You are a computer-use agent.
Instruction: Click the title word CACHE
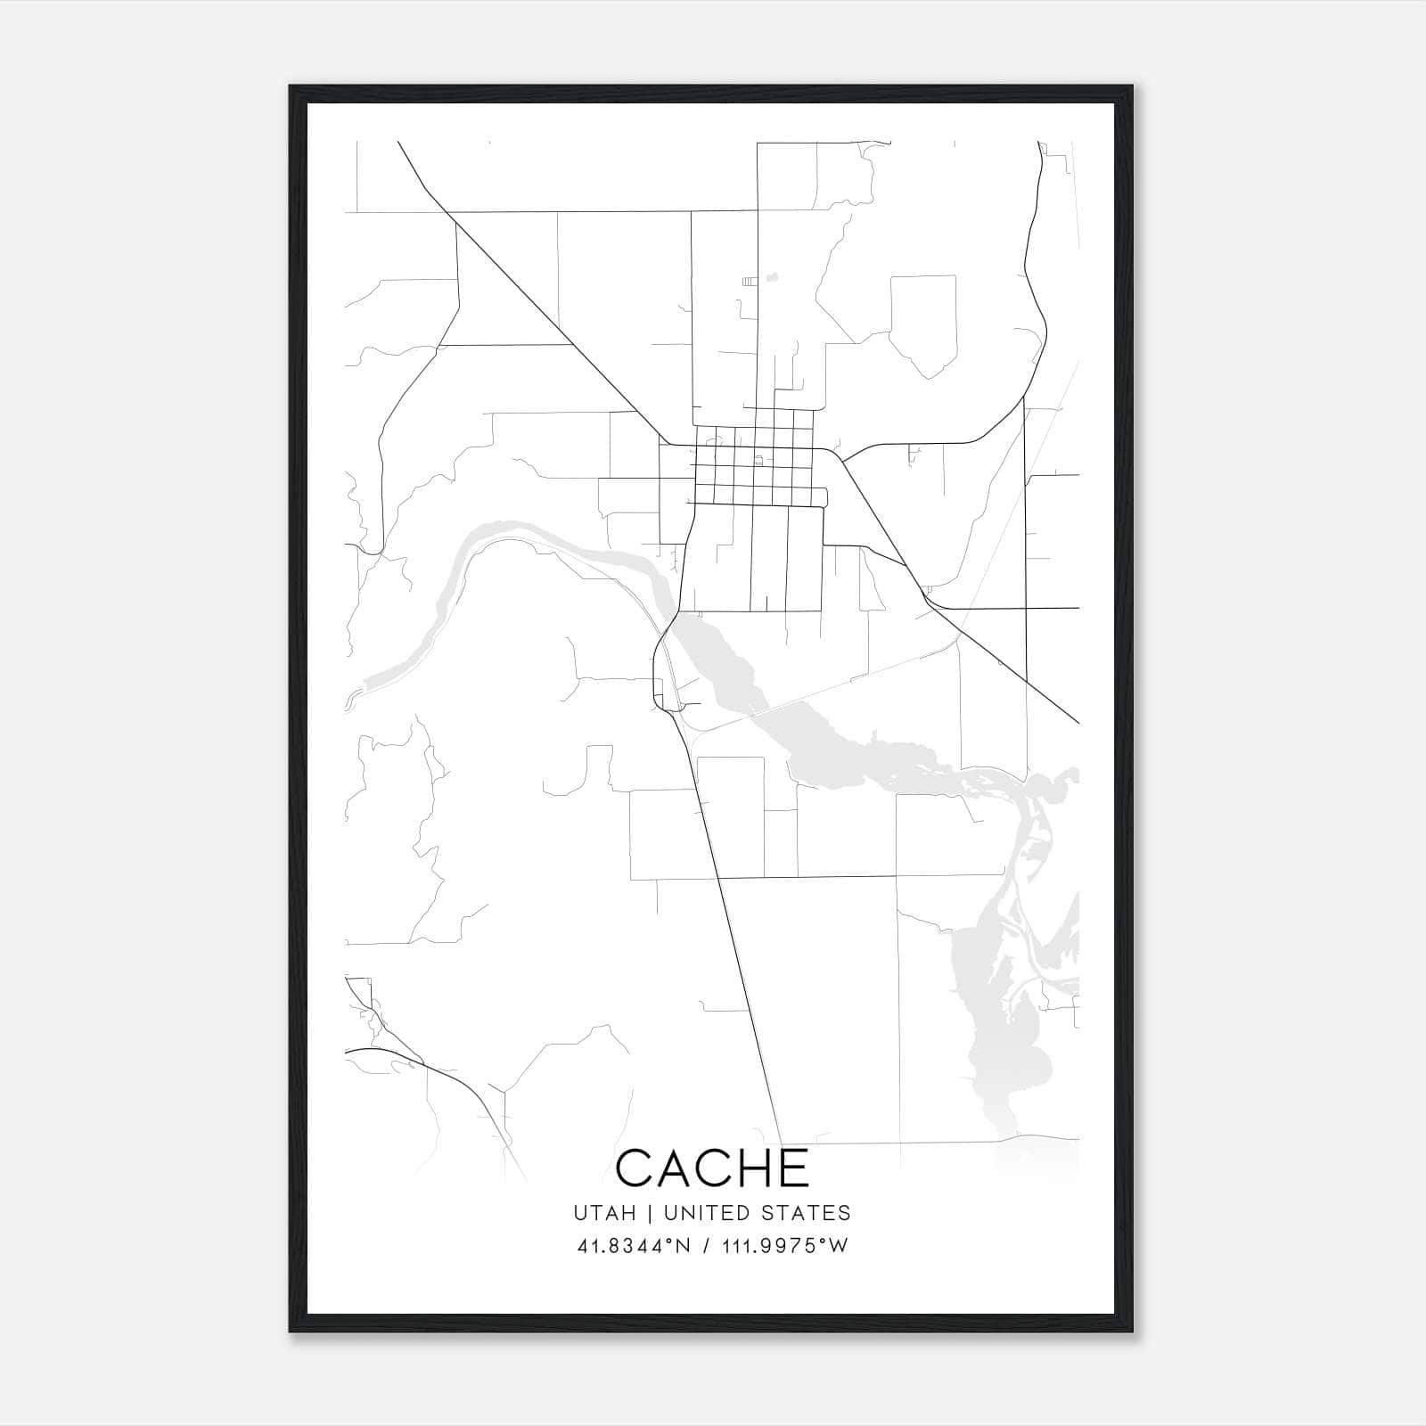[x=712, y=1168]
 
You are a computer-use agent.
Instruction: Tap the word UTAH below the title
[x=604, y=1213]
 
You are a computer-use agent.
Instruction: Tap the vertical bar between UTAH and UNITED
[x=650, y=1213]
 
